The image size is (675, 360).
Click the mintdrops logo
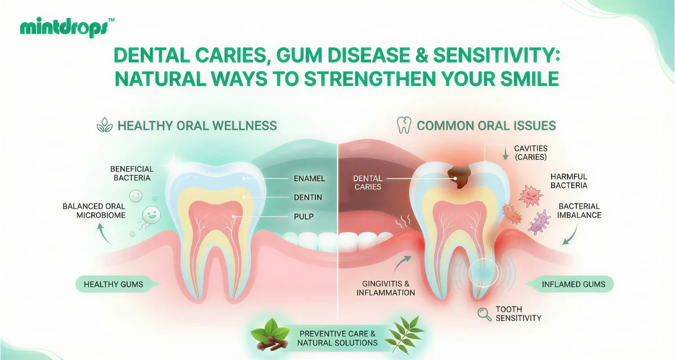click(x=67, y=28)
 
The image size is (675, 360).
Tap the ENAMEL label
click(x=309, y=179)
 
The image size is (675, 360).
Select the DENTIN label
click(x=308, y=197)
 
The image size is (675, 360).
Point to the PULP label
click(x=304, y=217)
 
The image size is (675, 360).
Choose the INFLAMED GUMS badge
click(x=569, y=284)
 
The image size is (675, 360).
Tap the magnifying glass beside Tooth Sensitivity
click(x=484, y=314)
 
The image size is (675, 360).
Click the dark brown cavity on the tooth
click(x=458, y=177)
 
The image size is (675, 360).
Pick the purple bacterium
click(x=539, y=223)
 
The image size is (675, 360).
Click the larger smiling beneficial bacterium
click(x=151, y=215)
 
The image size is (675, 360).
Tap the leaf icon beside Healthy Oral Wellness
click(x=105, y=125)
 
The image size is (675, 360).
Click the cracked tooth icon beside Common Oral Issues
click(x=404, y=125)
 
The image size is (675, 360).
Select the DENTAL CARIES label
click(x=368, y=183)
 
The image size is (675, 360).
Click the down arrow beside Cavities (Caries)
click(x=506, y=154)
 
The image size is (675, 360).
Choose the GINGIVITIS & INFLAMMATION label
click(x=386, y=288)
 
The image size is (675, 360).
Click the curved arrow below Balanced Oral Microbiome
click(x=104, y=233)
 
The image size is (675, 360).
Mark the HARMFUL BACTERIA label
click(x=569, y=181)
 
